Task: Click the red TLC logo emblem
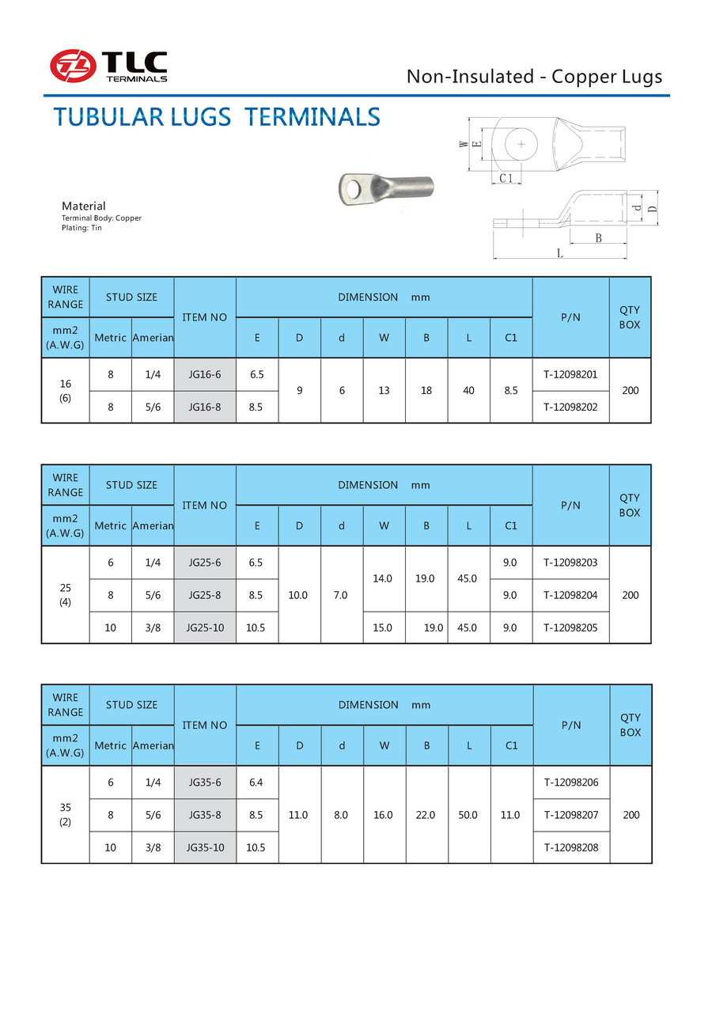(x=74, y=66)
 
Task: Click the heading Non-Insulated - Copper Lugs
(x=534, y=77)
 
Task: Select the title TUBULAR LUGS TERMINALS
(x=217, y=118)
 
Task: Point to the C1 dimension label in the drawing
(x=506, y=179)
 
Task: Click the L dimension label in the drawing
(x=559, y=253)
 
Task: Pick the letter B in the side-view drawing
(x=598, y=238)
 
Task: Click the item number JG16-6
(x=205, y=374)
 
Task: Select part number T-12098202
(x=570, y=407)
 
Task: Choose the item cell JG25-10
(x=205, y=627)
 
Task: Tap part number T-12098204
(x=570, y=595)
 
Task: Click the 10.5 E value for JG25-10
(x=257, y=627)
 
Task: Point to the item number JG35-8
(x=205, y=815)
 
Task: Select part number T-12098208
(x=571, y=847)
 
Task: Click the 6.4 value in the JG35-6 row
(x=257, y=783)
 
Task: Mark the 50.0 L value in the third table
(x=468, y=815)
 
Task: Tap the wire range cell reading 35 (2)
(x=66, y=814)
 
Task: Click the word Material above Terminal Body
(x=83, y=207)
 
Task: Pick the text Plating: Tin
(x=81, y=228)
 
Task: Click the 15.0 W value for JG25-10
(x=384, y=627)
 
